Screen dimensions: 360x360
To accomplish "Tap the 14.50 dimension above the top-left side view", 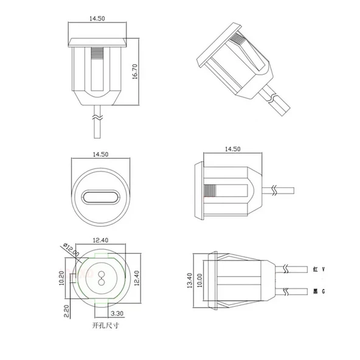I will [x=97, y=19].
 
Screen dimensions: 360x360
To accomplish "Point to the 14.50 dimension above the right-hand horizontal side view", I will [x=232, y=148].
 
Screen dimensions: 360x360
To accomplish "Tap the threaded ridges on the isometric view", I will [x=239, y=45].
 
